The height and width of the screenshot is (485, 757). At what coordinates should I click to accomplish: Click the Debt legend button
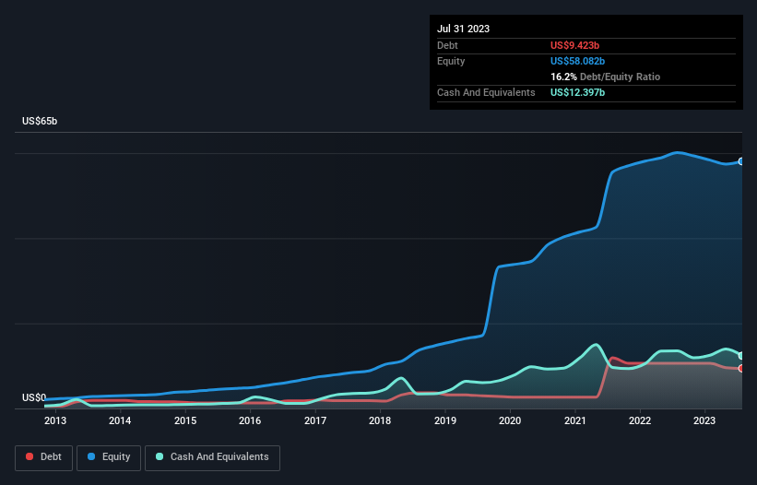click(42, 457)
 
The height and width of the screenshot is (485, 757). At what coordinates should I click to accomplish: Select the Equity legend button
click(109, 457)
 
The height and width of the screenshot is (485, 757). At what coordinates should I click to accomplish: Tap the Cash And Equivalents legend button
click(212, 457)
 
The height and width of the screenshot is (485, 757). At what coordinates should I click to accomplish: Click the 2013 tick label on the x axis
click(54, 421)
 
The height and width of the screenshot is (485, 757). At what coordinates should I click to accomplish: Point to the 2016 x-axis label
click(250, 421)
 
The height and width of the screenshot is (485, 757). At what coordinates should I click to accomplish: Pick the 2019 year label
click(445, 421)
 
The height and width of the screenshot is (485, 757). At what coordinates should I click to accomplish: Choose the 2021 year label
click(575, 421)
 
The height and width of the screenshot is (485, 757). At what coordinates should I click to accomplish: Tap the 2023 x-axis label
click(705, 421)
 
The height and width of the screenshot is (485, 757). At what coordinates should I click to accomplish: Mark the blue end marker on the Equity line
click(741, 161)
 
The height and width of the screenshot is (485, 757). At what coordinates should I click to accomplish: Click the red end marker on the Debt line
click(741, 369)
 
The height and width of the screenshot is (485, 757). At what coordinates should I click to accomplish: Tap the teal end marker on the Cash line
click(741, 356)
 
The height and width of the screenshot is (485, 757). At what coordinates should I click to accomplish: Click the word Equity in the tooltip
click(451, 61)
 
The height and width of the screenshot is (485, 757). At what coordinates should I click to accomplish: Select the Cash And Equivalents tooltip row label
click(486, 92)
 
